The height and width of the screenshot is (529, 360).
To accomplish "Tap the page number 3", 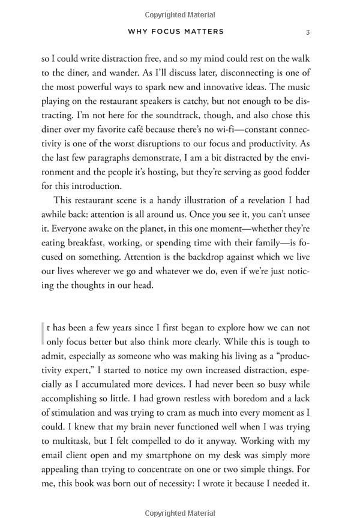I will pyautogui.click(x=307, y=31).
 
